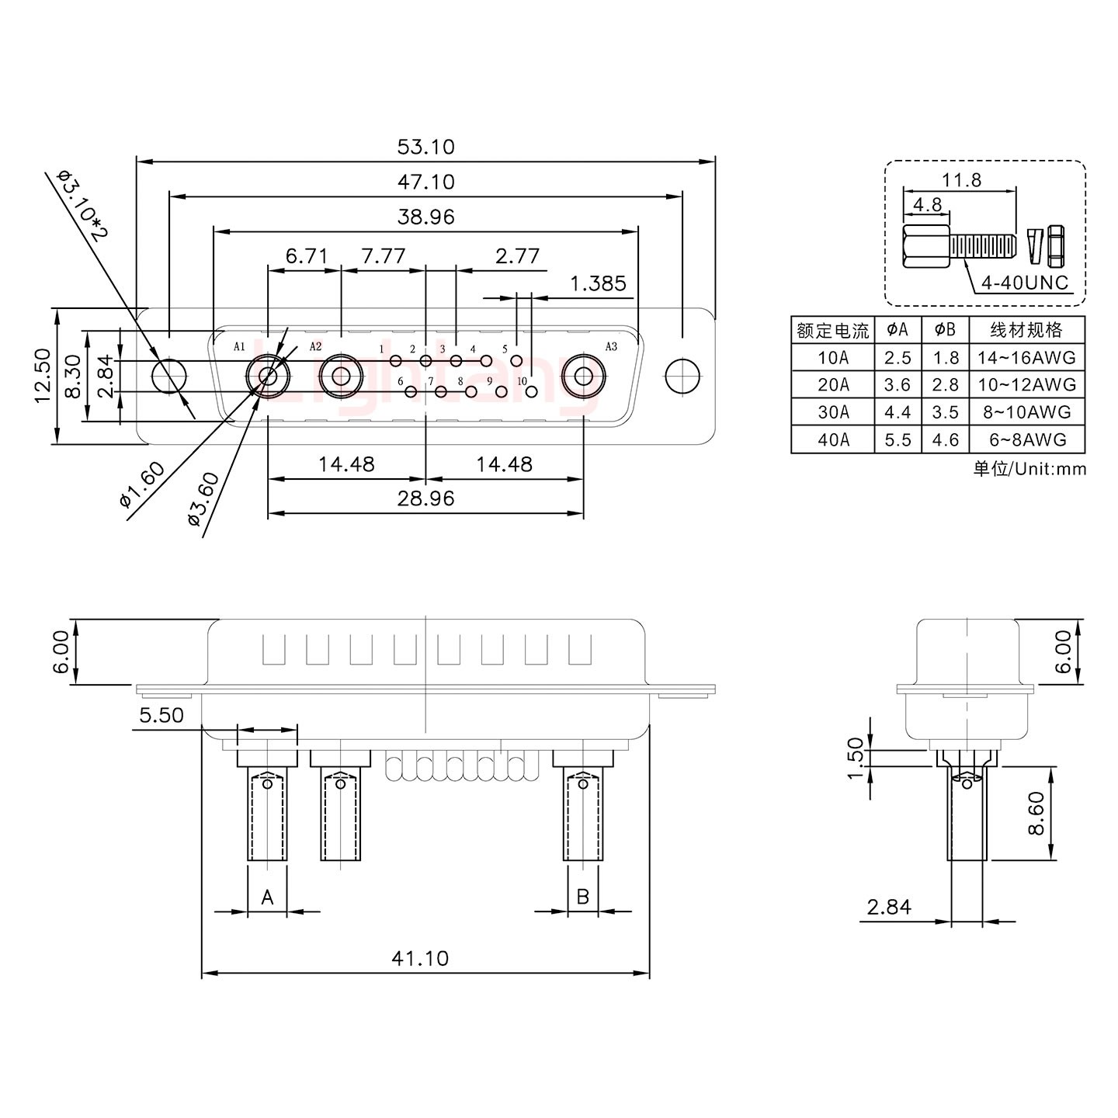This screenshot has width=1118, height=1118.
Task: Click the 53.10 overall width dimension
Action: click(x=425, y=147)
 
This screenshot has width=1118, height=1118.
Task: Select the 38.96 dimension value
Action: click(x=425, y=217)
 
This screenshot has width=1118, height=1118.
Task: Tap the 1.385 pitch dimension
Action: click(x=598, y=283)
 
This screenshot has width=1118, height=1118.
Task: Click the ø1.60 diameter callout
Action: click(x=143, y=484)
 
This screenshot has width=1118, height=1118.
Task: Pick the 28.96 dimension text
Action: click(x=425, y=498)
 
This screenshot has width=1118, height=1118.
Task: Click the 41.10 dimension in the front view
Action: click(x=419, y=958)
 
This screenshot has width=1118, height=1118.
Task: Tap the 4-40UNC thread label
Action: click(x=1024, y=283)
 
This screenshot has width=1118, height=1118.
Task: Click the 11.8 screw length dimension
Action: click(x=961, y=180)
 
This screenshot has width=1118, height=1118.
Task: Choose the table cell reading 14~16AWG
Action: click(x=1026, y=357)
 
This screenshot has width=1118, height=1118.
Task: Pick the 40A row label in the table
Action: click(x=833, y=440)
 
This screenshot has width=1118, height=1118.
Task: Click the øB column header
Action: click(x=945, y=330)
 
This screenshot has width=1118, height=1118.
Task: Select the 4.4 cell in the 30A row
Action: click(x=898, y=412)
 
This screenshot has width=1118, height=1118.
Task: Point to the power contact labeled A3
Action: click(x=583, y=377)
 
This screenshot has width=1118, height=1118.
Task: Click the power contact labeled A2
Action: click(x=340, y=377)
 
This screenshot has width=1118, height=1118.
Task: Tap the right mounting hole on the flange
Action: click(x=682, y=377)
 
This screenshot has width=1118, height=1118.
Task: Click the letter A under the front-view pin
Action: click(x=267, y=898)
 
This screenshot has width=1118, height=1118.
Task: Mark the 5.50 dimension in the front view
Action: click(x=161, y=715)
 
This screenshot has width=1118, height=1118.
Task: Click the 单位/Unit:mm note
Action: click(x=1029, y=469)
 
